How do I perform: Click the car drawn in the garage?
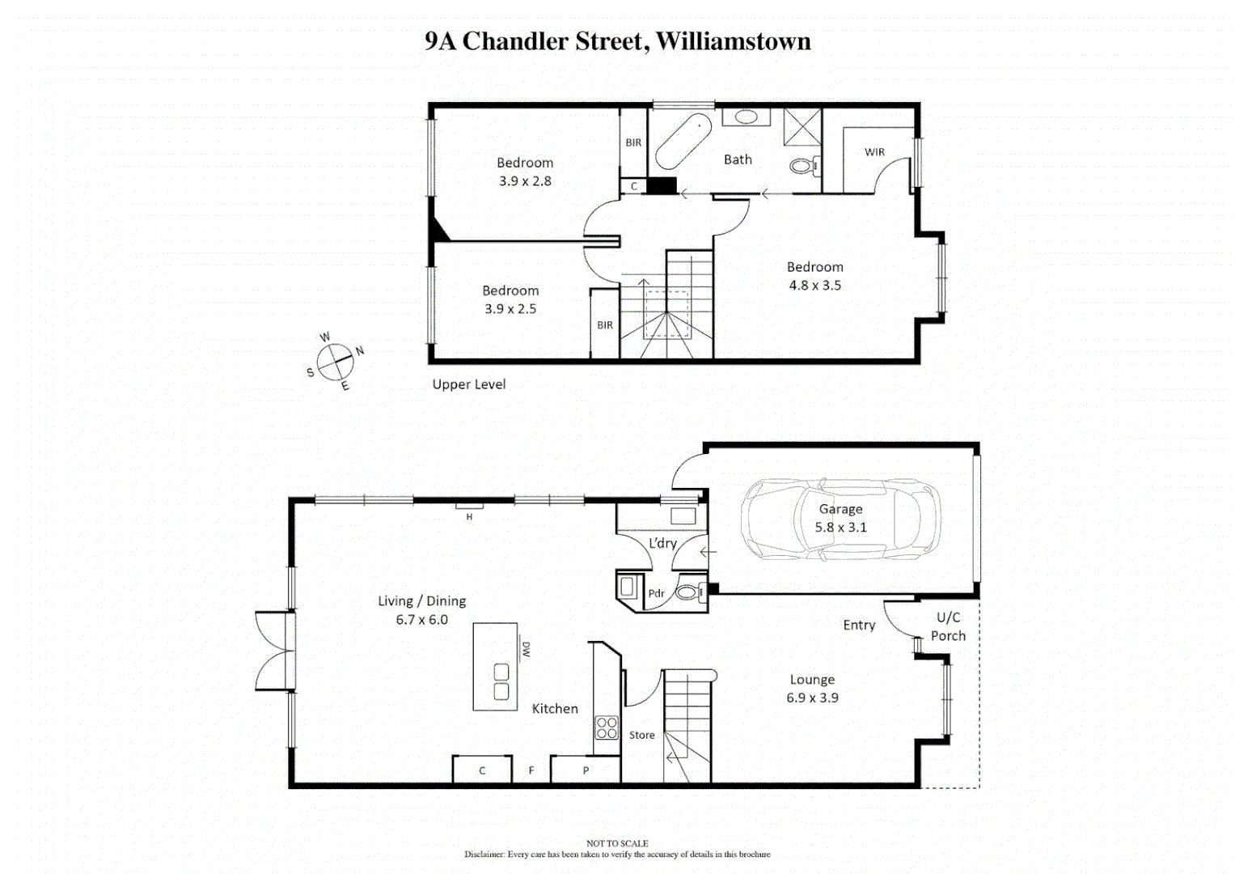click(x=841, y=519)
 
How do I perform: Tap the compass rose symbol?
click(x=335, y=362)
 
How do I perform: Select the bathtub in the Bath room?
click(x=683, y=141)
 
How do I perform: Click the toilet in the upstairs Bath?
click(x=802, y=166)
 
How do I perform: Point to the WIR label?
click(x=874, y=152)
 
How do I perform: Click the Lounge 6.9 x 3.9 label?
click(x=812, y=689)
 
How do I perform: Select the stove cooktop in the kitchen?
click(x=607, y=728)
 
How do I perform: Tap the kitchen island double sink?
click(x=501, y=681)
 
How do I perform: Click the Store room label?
click(x=642, y=735)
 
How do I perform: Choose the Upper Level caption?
click(x=468, y=384)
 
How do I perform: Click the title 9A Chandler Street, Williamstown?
click(x=617, y=41)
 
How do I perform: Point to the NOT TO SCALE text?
click(x=617, y=843)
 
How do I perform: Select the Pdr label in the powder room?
click(x=656, y=593)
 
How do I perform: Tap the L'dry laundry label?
click(x=662, y=543)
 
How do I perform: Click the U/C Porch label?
click(x=948, y=626)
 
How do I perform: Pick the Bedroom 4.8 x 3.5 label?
click(x=814, y=276)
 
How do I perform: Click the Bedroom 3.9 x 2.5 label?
click(x=510, y=299)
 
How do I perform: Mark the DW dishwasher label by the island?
click(x=526, y=649)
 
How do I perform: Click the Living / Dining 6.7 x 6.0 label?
click(x=421, y=610)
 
